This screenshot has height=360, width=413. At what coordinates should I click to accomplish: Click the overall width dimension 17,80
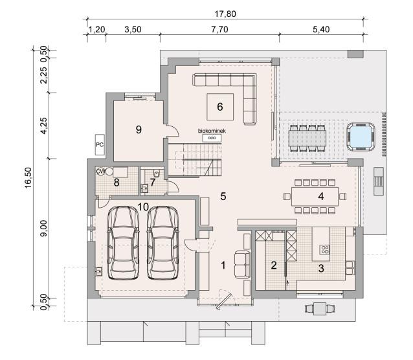coord(225,14)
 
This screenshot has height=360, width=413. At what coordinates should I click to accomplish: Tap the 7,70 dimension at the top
coord(219,29)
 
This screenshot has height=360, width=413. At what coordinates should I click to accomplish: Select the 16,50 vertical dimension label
coord(28,177)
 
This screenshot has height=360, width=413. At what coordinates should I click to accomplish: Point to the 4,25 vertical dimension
coord(44,126)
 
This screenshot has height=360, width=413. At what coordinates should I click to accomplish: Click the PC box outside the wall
coord(100,144)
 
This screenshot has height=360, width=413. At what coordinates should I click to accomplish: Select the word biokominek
coord(212,131)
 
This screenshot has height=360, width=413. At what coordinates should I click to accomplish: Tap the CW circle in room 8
coord(100,172)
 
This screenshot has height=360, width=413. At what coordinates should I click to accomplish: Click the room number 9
coord(139,129)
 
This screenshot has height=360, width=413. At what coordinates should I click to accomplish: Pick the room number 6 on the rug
coord(220,107)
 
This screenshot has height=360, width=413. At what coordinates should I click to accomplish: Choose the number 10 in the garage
coord(143,207)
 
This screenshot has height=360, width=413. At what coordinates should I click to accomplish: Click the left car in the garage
coord(123,242)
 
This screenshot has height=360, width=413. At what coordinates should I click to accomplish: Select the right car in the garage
coord(162,242)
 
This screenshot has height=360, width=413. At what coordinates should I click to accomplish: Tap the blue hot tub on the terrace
coord(361,137)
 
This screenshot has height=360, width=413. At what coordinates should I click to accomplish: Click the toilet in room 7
coord(157,173)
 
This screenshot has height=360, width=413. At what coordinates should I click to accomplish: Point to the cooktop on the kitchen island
coord(324,249)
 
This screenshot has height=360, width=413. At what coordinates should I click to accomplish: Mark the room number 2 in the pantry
coord(274,265)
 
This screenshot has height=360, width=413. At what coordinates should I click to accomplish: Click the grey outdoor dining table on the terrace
coord(307,139)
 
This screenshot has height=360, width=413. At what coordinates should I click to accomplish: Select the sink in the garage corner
coord(99,271)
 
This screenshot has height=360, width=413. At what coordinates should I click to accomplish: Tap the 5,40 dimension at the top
coord(321,29)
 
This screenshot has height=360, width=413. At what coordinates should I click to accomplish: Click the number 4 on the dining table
coord(321,196)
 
